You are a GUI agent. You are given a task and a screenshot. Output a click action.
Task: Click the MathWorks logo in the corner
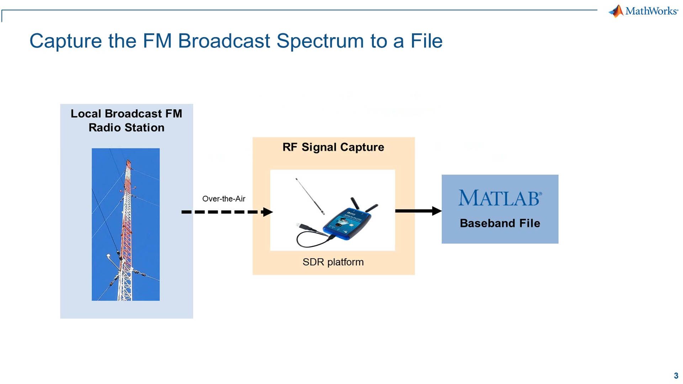point(643,11)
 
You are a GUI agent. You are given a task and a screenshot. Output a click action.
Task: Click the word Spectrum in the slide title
point(320,41)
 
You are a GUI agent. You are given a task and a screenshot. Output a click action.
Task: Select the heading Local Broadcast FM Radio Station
point(126,121)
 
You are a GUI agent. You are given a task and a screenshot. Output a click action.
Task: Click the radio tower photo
point(126,224)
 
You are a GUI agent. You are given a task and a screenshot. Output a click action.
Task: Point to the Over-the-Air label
point(224,199)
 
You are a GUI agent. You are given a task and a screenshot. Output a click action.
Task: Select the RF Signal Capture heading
point(333,147)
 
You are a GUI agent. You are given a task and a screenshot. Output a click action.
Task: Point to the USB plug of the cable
point(303,226)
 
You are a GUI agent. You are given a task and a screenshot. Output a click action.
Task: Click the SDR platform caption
point(333,262)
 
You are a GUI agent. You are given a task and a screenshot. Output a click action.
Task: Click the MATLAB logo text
point(500,198)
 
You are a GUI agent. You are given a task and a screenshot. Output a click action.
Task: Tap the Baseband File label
point(500,223)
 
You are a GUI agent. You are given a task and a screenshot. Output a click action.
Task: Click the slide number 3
point(676,375)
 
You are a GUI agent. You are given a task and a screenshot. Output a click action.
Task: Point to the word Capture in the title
point(65,41)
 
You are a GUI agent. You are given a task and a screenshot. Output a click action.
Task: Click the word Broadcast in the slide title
point(224,41)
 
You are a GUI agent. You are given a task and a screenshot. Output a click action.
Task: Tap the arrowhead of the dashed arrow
point(268,212)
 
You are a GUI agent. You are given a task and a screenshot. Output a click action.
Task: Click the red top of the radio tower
point(128,165)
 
